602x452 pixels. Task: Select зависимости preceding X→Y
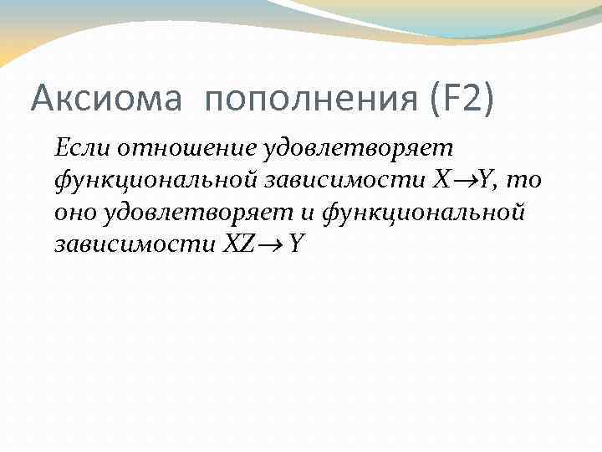pyautogui.click(x=342, y=181)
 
